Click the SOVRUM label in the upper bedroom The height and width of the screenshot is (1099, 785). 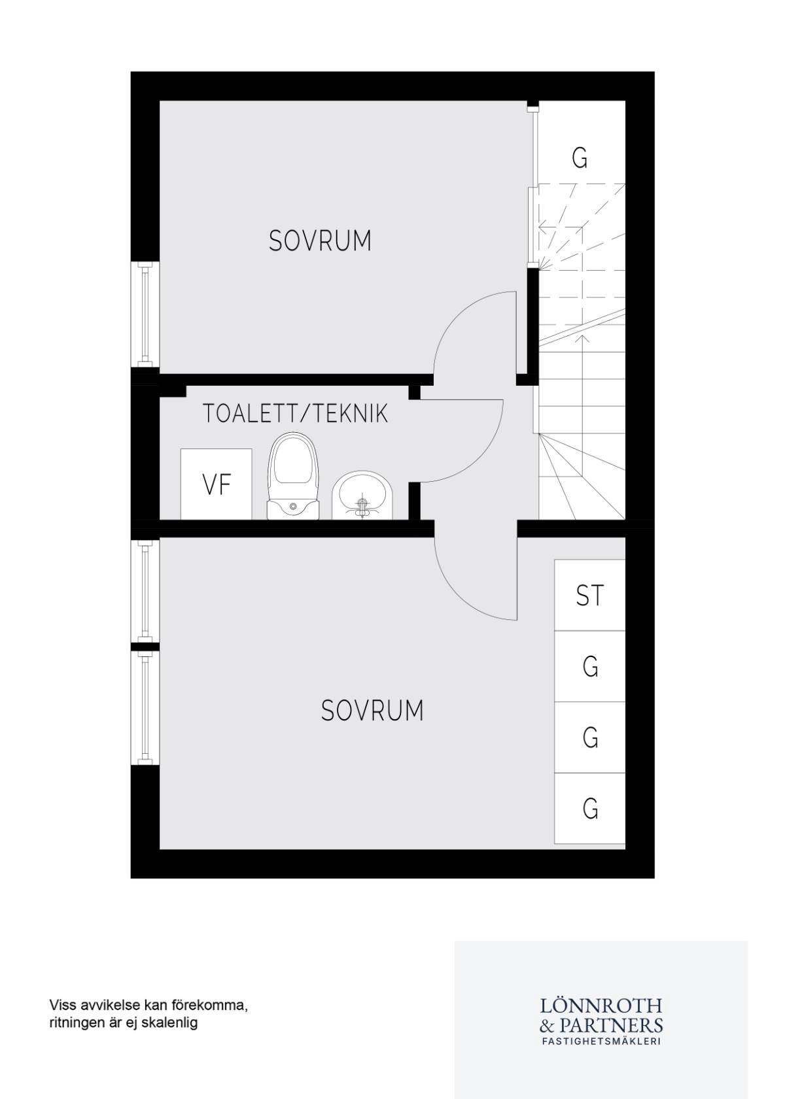320,241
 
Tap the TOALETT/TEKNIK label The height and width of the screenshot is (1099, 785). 295,414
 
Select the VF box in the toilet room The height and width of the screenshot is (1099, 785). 216,484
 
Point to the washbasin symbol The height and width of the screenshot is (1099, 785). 362,495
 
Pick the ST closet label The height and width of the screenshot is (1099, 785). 589,595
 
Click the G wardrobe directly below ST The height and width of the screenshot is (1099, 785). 589,666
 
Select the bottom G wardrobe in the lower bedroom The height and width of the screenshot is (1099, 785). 589,808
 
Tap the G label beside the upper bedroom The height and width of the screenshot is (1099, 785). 580,158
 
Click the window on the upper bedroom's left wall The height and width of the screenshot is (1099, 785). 145,314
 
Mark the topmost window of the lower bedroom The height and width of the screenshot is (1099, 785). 145,591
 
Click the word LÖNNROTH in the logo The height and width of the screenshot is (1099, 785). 601,1005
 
